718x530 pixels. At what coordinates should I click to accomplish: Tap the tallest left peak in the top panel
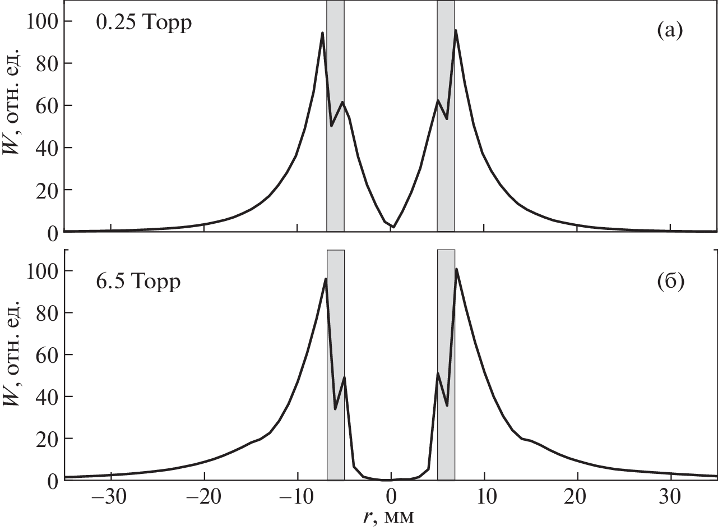[322, 33]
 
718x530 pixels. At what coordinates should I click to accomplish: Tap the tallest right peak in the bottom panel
[456, 269]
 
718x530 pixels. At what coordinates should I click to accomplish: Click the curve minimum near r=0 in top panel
[394, 227]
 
